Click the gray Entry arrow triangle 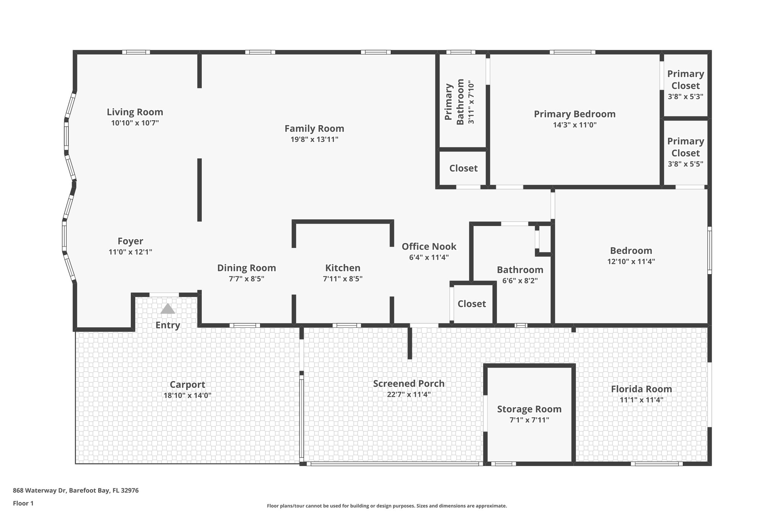click(168, 309)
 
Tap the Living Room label click(135, 112)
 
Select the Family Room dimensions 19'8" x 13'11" click(314, 139)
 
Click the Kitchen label click(343, 268)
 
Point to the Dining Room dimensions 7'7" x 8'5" click(246, 279)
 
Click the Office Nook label click(429, 246)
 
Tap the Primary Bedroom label click(574, 114)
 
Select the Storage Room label click(529, 409)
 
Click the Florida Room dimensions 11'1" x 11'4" click(641, 400)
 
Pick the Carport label click(187, 385)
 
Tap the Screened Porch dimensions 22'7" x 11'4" click(409, 395)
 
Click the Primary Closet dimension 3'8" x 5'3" click(686, 96)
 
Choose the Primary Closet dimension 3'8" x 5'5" click(686, 164)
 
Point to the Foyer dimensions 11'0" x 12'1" click(130, 252)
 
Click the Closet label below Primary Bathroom click(463, 168)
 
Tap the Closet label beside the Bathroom click(472, 304)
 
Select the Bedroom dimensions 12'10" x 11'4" click(631, 262)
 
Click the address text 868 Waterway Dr click(40, 491)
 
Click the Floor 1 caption click(23, 503)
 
